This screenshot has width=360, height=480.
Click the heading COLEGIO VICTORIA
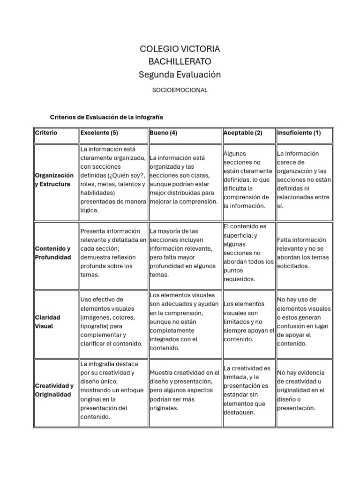click(x=180, y=49)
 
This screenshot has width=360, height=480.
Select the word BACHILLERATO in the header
click(x=180, y=61)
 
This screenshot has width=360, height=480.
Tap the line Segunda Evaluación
click(x=180, y=75)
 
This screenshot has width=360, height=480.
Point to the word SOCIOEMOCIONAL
click(x=180, y=90)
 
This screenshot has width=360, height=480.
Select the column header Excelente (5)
click(x=99, y=133)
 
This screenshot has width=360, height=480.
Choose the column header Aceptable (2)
click(x=243, y=133)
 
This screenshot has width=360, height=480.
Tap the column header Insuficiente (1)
click(x=299, y=133)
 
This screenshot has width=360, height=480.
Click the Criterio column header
click(x=46, y=133)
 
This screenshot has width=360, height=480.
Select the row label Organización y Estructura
click(x=54, y=180)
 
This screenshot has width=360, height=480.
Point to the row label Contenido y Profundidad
click(x=53, y=253)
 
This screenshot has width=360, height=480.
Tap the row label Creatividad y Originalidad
click(x=54, y=390)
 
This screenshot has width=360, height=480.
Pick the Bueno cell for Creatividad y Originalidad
click(x=184, y=390)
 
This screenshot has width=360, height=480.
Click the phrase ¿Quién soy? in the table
click(x=127, y=175)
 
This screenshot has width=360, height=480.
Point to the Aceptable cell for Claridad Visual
click(x=248, y=322)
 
